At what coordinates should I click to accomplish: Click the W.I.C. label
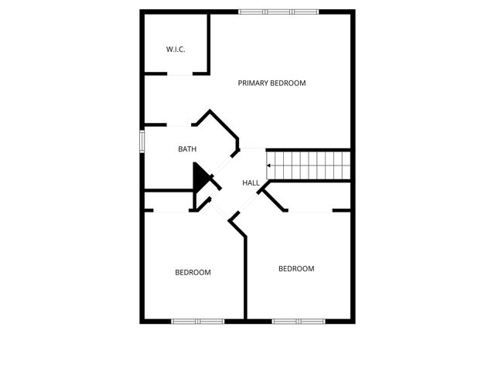tap(176, 49)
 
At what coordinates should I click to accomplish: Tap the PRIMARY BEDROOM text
tap(271, 83)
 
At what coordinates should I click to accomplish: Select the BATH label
tap(187, 149)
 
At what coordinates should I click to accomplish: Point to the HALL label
tap(251, 183)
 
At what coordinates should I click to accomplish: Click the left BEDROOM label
tap(193, 272)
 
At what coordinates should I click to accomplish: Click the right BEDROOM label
tap(296, 269)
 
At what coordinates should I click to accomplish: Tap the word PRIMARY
tap(253, 83)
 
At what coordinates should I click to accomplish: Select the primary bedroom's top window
tap(278, 12)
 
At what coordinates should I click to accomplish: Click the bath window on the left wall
tap(142, 141)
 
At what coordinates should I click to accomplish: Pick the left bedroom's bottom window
tap(197, 321)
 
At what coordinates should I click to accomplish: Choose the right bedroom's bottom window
tap(298, 321)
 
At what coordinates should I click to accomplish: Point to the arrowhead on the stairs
tap(269, 165)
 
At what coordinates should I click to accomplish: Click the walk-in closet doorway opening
tap(179, 74)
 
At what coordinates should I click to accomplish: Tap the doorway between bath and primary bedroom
tap(179, 125)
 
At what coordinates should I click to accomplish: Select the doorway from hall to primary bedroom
tap(253, 149)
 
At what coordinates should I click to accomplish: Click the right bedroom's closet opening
tap(310, 210)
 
